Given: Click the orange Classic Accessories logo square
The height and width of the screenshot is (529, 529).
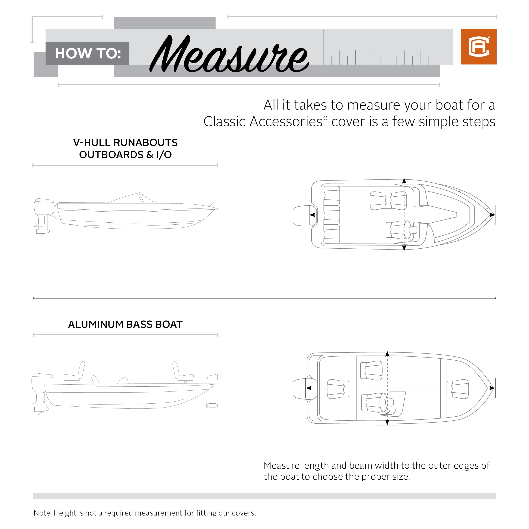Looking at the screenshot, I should [478, 47].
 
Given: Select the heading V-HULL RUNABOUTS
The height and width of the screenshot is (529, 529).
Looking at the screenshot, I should [125, 143].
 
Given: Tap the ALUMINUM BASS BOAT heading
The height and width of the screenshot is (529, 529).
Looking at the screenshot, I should [125, 324].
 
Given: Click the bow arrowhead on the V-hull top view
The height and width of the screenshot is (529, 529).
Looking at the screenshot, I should [492, 215].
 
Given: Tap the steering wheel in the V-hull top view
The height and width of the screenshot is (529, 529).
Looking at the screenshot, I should [407, 229].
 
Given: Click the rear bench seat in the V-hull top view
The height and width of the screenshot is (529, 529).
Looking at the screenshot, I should [332, 215].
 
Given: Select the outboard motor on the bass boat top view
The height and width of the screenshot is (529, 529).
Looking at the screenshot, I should [301, 389].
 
